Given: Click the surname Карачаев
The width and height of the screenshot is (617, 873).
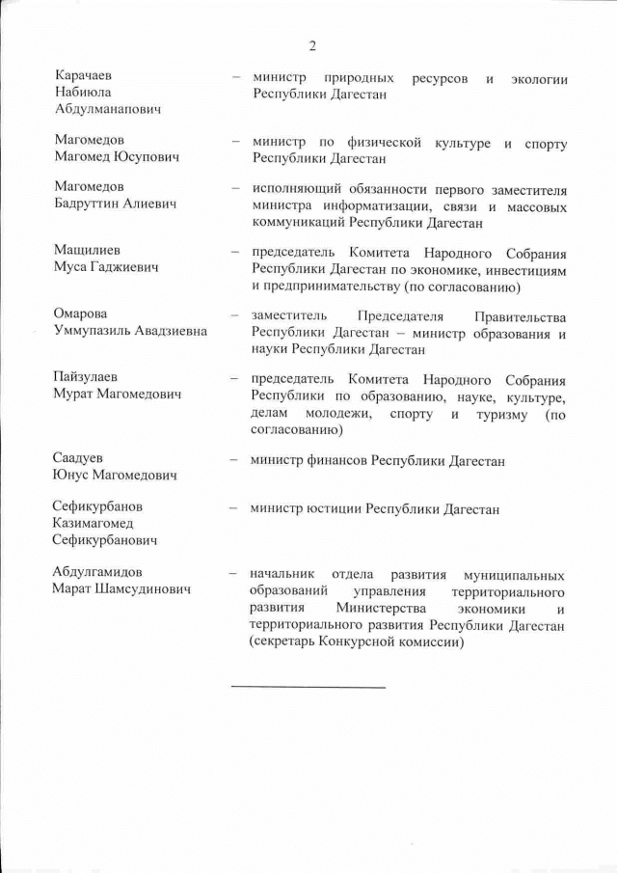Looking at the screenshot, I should [83, 76].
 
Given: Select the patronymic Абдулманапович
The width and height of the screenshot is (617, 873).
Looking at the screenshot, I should [107, 109].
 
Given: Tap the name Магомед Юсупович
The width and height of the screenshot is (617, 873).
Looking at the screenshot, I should [118, 156].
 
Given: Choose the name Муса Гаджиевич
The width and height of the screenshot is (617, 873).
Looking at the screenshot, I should [106, 266].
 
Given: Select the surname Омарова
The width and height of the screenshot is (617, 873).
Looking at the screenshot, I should [81, 314].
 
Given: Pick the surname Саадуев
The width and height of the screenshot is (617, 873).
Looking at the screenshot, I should [79, 457].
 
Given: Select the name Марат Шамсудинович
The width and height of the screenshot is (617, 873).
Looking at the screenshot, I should [121, 588].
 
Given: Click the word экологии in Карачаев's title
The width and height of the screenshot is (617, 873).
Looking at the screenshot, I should [538, 77].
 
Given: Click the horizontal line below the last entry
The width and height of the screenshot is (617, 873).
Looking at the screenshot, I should [308, 687].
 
